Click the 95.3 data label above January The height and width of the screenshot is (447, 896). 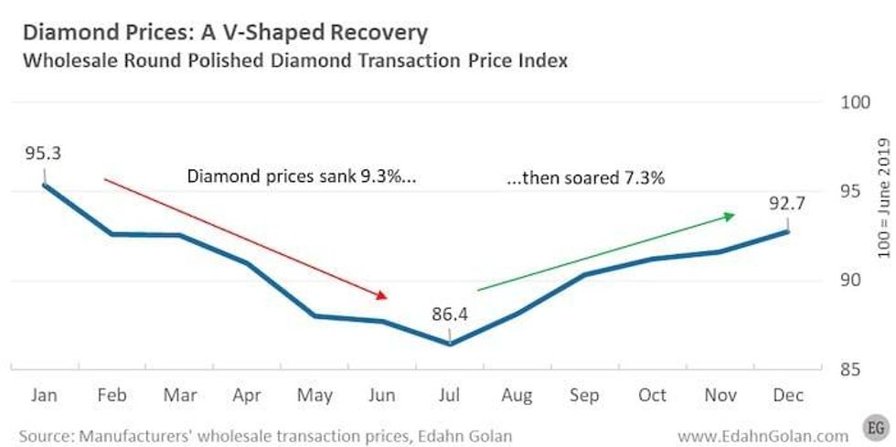point(43,153)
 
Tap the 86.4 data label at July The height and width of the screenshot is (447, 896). point(450,314)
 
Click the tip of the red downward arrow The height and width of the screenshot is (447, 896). point(389,297)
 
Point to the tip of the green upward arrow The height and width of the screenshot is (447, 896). point(735,215)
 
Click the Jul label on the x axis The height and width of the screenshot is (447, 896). point(450,395)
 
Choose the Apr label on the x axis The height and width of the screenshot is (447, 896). point(246,395)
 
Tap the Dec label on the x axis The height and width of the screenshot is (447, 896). point(789,395)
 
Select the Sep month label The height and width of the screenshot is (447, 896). point(585,395)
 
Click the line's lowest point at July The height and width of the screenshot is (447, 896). point(450,344)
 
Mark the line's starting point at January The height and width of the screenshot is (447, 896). point(43,185)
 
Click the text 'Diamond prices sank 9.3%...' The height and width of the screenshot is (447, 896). point(302,177)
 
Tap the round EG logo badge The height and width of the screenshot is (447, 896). point(875,428)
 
